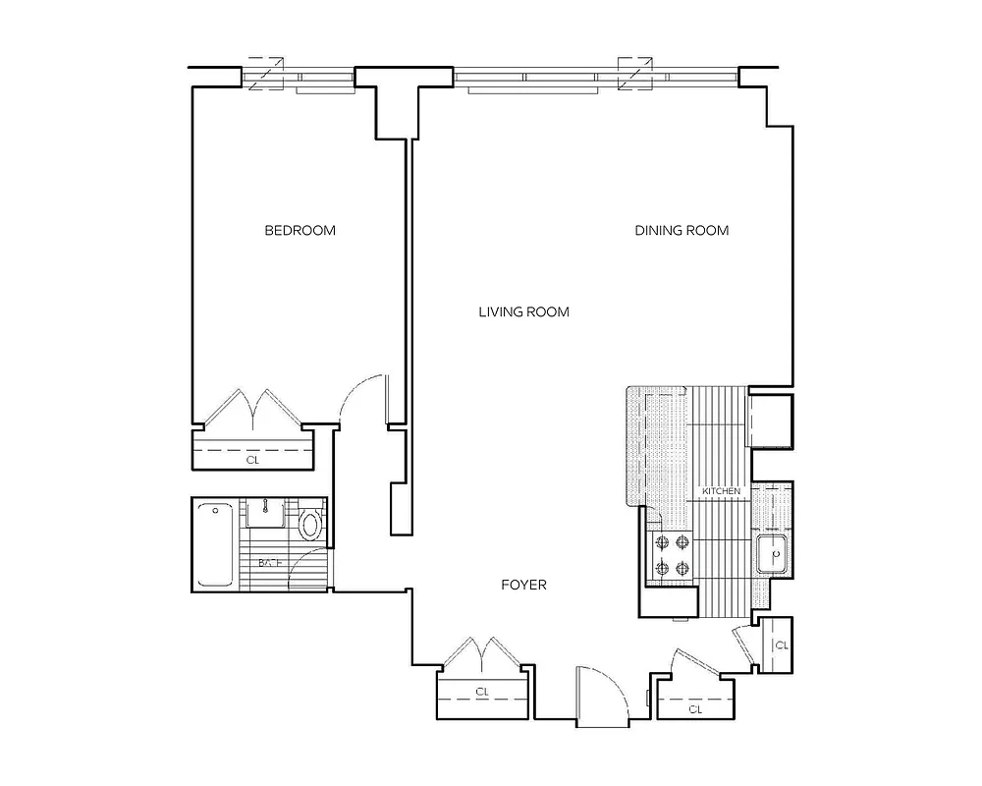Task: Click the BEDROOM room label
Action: click(x=300, y=231)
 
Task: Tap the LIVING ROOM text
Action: click(x=523, y=312)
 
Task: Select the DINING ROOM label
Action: click(x=682, y=231)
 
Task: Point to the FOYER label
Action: click(x=523, y=585)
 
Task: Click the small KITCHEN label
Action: click(x=720, y=490)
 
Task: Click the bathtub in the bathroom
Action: click(x=213, y=544)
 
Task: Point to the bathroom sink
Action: click(x=264, y=513)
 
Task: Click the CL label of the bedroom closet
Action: click(x=253, y=459)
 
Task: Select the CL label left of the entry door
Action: click(x=482, y=692)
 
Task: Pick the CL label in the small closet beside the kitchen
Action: click(x=782, y=646)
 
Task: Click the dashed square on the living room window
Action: click(x=633, y=73)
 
